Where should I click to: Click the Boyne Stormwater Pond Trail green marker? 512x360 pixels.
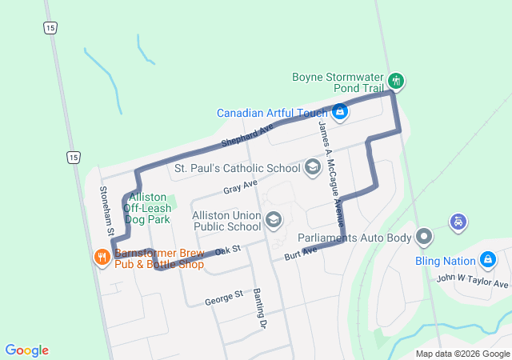(395, 81)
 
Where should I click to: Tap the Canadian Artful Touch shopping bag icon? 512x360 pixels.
(340, 112)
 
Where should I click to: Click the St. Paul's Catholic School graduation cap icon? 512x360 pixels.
(313, 167)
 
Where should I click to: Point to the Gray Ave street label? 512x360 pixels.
(240, 188)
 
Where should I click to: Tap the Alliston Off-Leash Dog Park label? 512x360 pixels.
(146, 207)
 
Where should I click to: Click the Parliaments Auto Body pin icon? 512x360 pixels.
(424, 237)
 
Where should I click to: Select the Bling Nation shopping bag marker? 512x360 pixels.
(487, 259)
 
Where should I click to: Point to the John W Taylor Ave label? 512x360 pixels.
(472, 282)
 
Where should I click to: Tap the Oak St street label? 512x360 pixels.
(228, 251)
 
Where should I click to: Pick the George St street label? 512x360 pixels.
(223, 297)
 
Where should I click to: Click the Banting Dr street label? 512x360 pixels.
(258, 309)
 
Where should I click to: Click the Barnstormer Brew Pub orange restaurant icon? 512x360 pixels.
(102, 257)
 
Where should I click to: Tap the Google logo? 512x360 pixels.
(27, 350)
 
